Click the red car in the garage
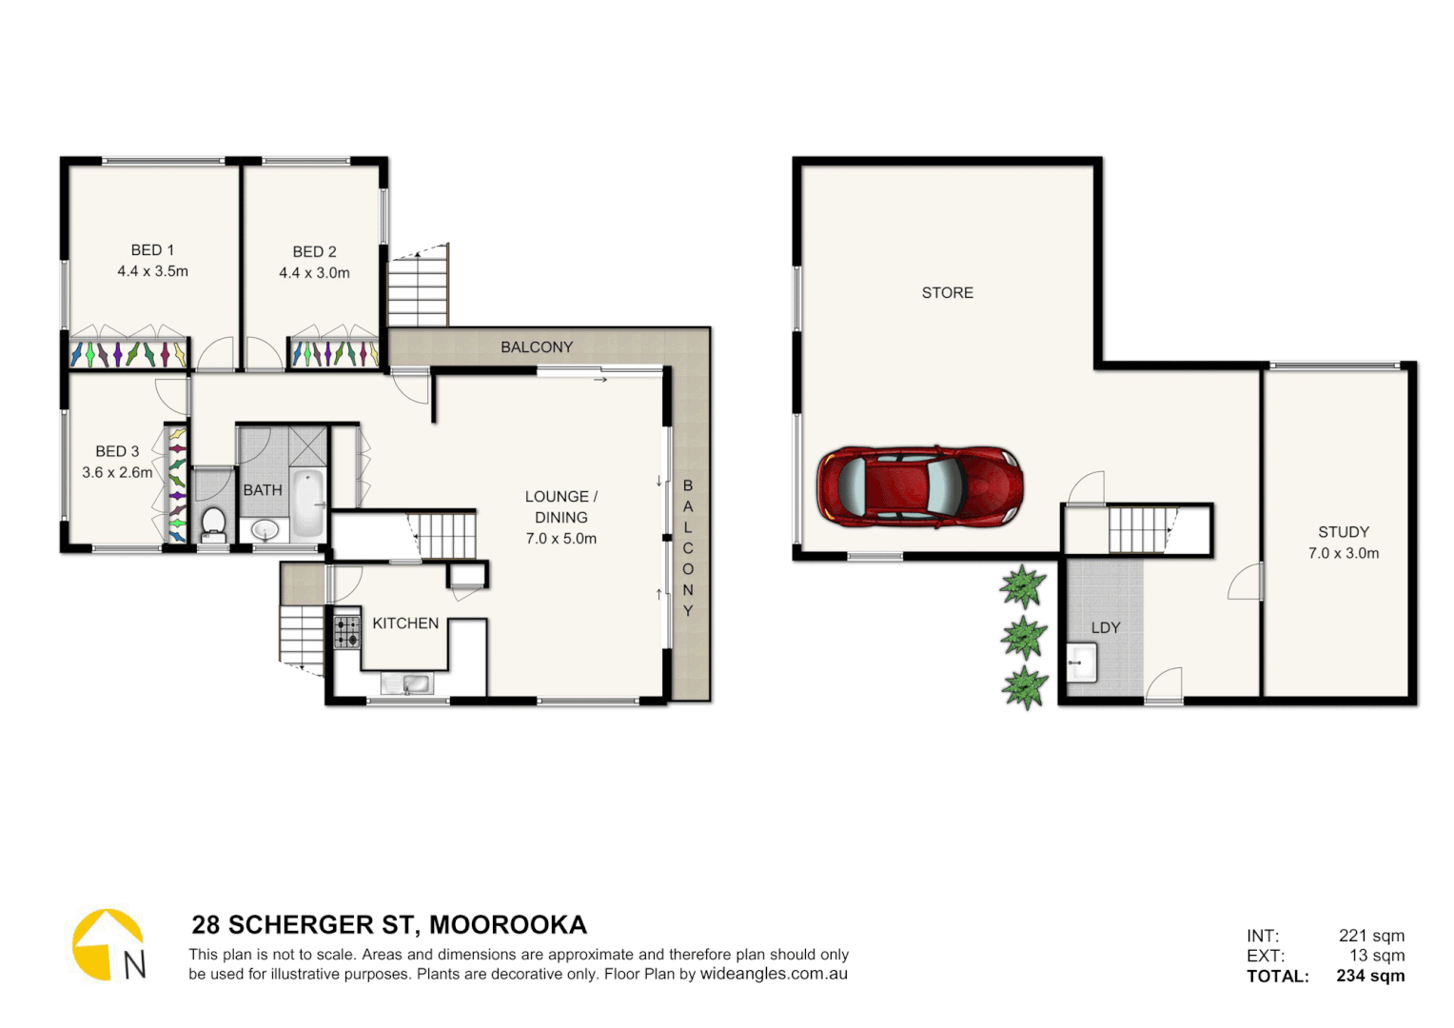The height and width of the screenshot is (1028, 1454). point(919,485)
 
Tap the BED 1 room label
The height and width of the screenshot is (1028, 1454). point(152,250)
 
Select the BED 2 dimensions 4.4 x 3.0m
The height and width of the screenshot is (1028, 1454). point(314,273)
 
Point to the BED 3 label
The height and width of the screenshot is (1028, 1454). point(117,451)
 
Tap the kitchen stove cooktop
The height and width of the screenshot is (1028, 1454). point(347,632)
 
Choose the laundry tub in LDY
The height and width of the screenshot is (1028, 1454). point(1081,662)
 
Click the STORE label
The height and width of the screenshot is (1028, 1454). point(947,293)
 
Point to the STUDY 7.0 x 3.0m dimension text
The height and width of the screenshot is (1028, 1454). point(1343,553)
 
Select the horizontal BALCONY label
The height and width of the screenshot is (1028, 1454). point(537,347)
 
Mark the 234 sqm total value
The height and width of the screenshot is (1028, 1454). point(1369,976)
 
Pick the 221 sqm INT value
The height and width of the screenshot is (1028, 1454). point(1371,936)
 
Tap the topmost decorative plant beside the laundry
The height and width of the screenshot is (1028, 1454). point(1023,586)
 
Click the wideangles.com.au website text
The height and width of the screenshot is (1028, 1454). point(774,974)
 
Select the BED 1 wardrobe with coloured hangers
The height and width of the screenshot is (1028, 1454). point(128,353)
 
